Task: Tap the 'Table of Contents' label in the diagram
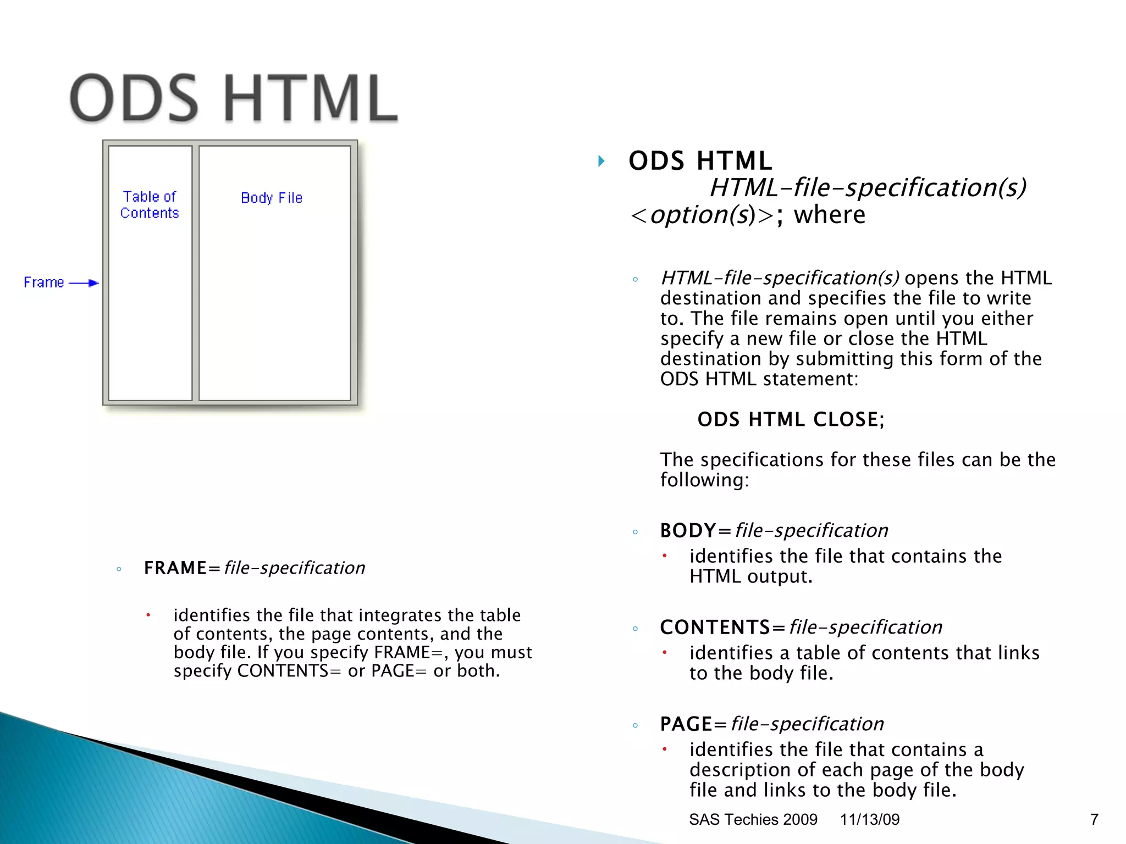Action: point(150,204)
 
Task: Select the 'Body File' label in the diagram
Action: point(272,198)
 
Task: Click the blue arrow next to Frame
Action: point(84,283)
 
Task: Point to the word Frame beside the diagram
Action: point(44,282)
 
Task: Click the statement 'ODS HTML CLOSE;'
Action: point(791,419)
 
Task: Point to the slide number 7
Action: point(1094,819)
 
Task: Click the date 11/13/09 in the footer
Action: point(869,819)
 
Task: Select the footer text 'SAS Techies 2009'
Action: point(753,819)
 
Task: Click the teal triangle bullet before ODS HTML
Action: point(601,161)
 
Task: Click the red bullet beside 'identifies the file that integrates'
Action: point(148,615)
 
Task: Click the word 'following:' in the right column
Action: point(704,480)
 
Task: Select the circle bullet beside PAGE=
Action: point(636,725)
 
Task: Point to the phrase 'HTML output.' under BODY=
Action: point(750,576)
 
